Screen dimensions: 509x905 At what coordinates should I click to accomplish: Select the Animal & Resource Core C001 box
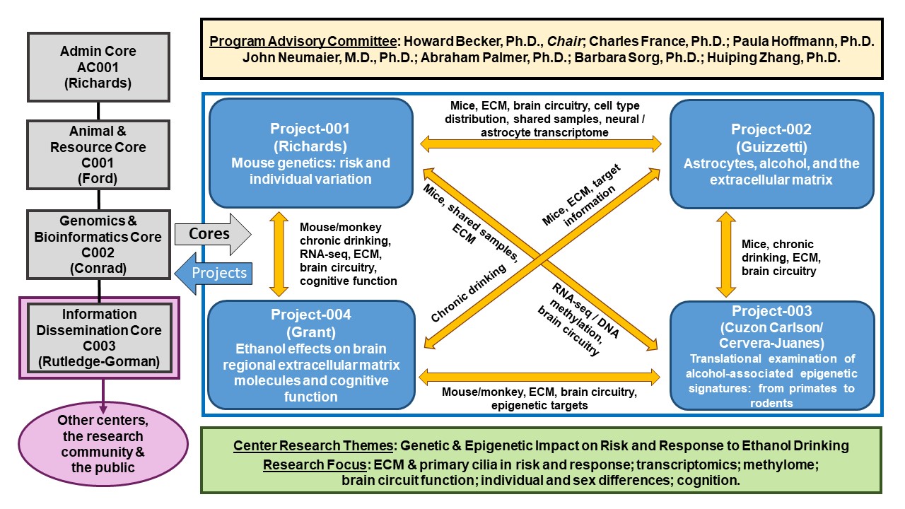tap(98, 154)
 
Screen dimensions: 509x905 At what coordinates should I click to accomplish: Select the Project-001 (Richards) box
tap(310, 153)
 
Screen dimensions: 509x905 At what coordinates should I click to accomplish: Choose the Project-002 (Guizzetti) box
tap(771, 154)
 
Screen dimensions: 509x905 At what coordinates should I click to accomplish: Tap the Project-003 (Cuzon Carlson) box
tap(771, 355)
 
